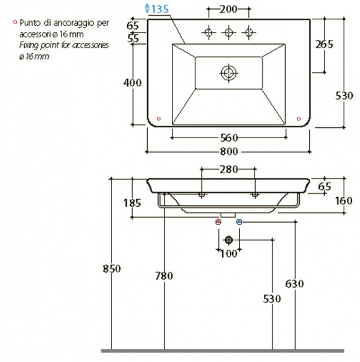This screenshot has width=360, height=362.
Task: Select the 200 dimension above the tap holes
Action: click(x=228, y=9)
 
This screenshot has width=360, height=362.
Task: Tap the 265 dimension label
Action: click(x=324, y=44)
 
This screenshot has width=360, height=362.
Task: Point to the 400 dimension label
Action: click(x=132, y=83)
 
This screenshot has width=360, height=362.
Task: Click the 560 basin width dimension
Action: click(x=229, y=138)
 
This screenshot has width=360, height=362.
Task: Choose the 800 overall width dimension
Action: click(x=229, y=151)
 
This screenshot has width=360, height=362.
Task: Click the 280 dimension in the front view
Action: click(x=229, y=170)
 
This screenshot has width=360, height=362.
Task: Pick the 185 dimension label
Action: click(x=132, y=203)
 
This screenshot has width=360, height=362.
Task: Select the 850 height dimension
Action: click(x=112, y=268)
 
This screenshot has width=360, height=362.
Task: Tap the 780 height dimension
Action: click(x=164, y=276)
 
